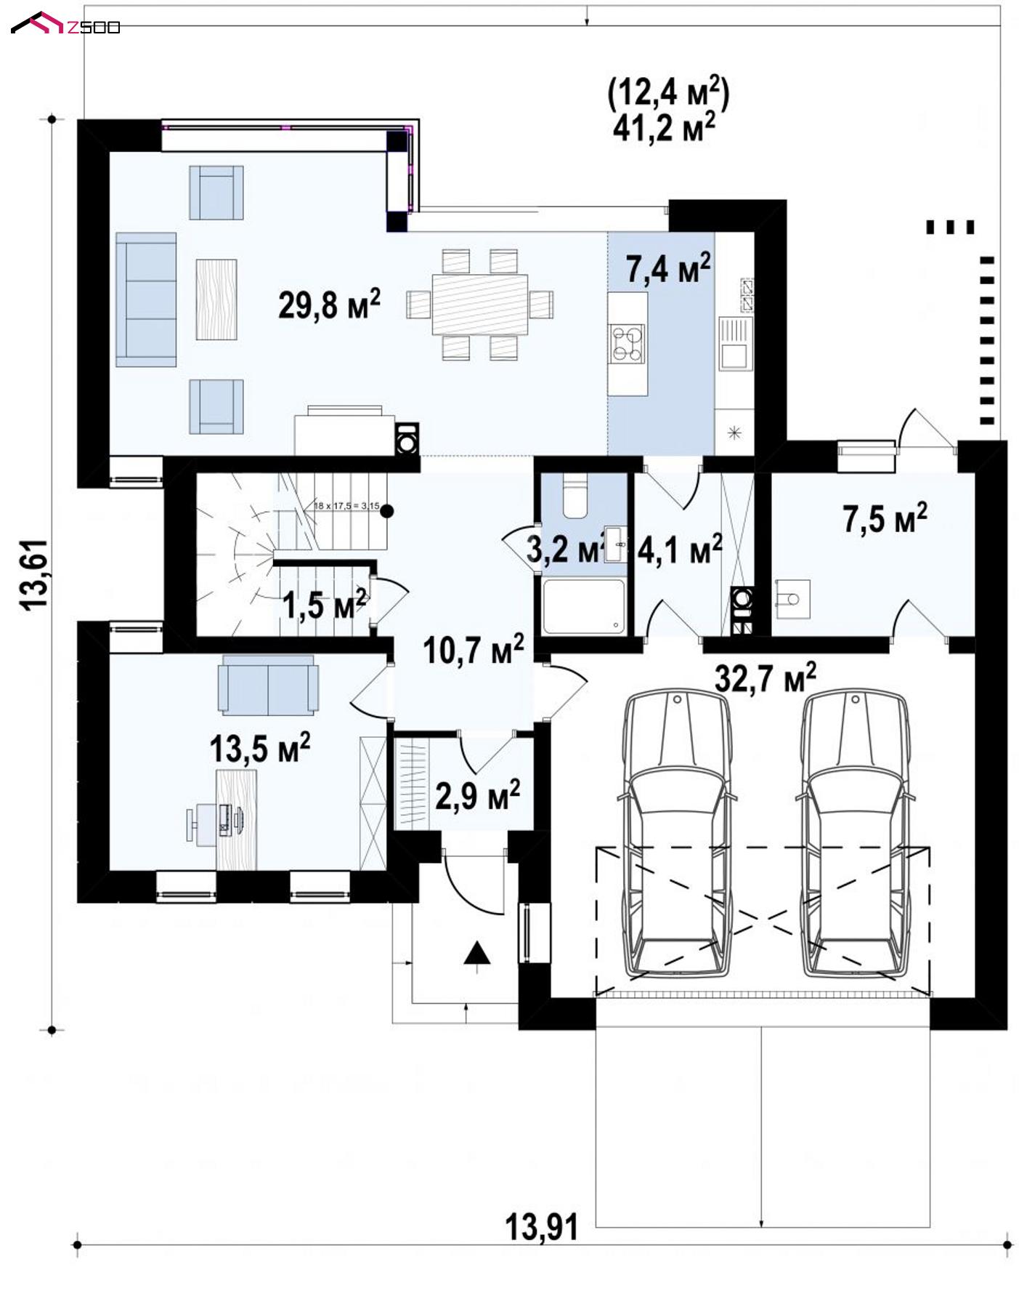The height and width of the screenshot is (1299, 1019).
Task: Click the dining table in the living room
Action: pos(479,304)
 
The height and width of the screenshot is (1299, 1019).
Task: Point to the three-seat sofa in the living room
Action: pos(146,299)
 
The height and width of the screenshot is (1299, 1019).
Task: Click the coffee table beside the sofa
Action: pos(216,299)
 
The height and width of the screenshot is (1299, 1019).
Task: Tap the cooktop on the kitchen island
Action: pos(628,343)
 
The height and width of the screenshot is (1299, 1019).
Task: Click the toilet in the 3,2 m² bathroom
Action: pos(575,496)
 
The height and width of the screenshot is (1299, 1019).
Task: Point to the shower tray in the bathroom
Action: pos(583,606)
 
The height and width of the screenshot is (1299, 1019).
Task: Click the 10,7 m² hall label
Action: pos(474,648)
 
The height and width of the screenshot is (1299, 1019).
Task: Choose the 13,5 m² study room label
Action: pos(260,747)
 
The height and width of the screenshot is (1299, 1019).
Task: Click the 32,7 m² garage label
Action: pos(766,677)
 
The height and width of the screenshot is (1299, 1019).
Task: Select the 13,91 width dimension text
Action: pos(542,1227)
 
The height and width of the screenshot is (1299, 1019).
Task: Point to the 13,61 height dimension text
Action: pos(36,574)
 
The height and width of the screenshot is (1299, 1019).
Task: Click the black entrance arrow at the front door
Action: pos(477,953)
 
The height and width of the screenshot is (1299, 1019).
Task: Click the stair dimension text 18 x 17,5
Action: pos(346,505)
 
